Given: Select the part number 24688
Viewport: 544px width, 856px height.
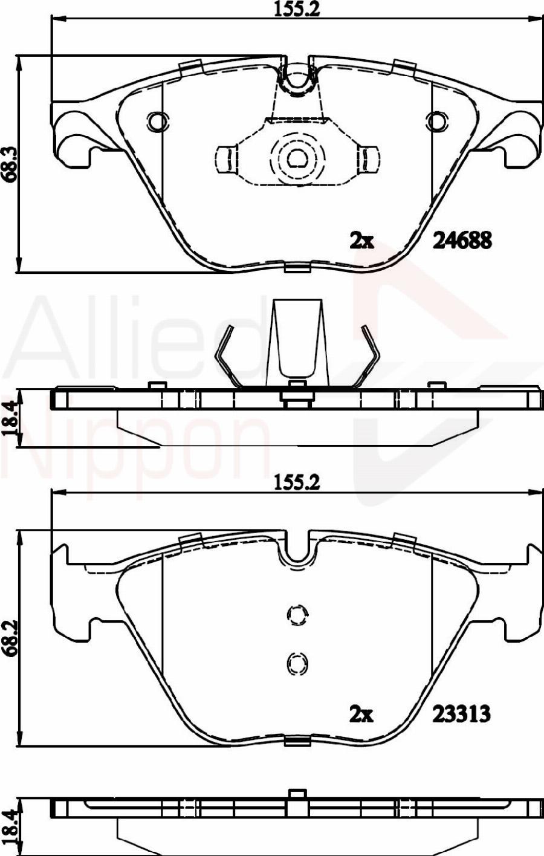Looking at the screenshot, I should (462, 241).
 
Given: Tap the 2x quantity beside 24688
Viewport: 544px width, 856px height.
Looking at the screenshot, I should (362, 241).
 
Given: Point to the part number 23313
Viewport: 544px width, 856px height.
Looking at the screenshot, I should (461, 715).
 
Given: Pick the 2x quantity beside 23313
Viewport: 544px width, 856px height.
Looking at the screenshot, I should (362, 715).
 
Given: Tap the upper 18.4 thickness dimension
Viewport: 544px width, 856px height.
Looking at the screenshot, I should (8, 418).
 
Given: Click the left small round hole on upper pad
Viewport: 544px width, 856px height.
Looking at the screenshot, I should (157, 122).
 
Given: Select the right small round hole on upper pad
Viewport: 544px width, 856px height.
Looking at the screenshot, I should (436, 122).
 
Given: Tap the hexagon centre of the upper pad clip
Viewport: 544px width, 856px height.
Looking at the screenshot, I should (296, 158).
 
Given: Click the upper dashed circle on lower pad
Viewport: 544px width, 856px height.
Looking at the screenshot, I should (296, 615).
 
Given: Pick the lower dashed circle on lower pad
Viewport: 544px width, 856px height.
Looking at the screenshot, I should (296, 664).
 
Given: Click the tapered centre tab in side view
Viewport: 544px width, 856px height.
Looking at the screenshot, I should (296, 342).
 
